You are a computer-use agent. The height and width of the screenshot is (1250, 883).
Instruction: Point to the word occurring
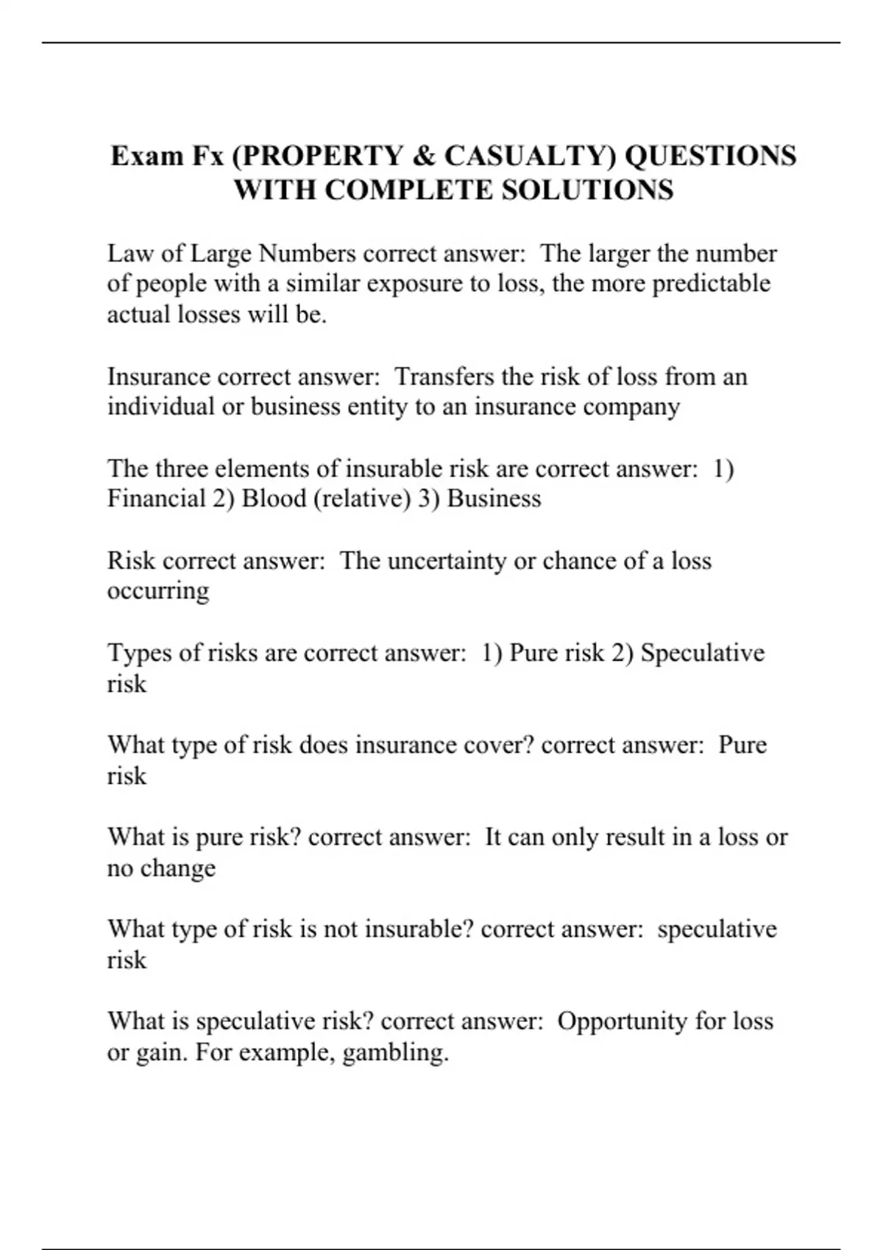point(158,591)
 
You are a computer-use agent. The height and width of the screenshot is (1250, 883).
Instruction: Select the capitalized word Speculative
point(703,653)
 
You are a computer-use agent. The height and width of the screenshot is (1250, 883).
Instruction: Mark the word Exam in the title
point(146,156)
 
